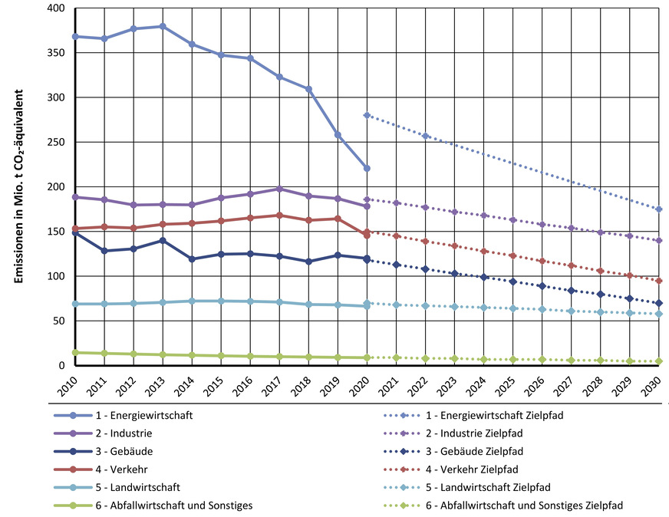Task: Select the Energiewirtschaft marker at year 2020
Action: [367, 168]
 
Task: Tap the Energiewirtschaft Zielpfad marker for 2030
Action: [659, 209]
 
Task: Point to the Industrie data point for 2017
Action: [279, 189]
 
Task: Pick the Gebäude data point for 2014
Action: [192, 259]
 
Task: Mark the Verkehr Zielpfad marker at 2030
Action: [659, 281]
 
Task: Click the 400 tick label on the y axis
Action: [55, 8]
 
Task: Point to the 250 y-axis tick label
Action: [55, 143]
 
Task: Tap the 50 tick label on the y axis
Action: [58, 321]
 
